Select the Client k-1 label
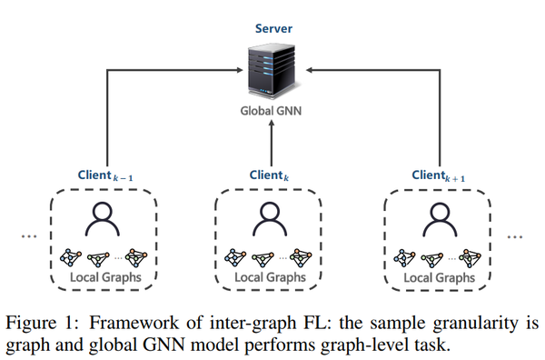click(105, 175)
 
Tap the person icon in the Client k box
click(270, 219)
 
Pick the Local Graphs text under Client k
click(270, 277)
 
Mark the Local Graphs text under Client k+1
click(440, 277)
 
